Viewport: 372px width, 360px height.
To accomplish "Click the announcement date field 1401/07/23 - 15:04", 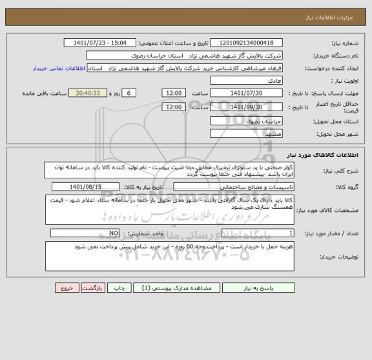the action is [x=100, y=42].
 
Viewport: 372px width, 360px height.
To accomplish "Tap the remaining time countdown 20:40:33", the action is [x=87, y=94].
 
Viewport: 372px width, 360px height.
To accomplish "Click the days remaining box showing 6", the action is [x=130, y=94].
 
